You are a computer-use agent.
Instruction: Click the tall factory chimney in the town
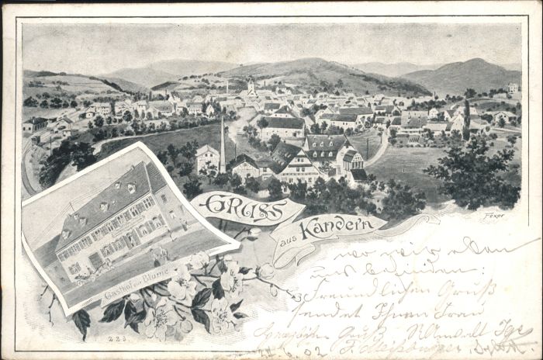click(x=222, y=145)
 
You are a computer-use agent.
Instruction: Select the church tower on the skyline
click(x=250, y=85)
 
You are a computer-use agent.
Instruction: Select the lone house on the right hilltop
click(x=512, y=88)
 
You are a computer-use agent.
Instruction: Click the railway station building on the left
click(x=35, y=124)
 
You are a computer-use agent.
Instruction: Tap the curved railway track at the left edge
click(x=29, y=171)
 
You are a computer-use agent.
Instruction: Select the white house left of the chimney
click(x=206, y=157)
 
